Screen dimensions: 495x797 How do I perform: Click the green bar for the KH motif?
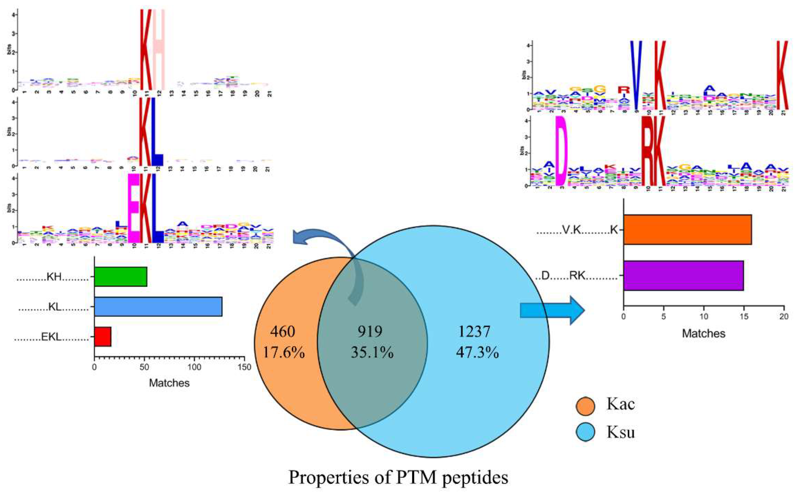click(x=121, y=277)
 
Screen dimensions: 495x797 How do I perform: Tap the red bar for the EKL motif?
click(x=102, y=336)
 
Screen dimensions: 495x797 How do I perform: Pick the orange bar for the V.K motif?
click(x=687, y=230)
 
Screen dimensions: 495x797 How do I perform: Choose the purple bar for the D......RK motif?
click(x=683, y=275)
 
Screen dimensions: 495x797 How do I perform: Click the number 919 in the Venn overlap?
click(x=370, y=331)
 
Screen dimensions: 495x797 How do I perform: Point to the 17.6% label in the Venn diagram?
click(x=284, y=353)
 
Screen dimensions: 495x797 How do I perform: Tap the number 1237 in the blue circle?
click(x=474, y=331)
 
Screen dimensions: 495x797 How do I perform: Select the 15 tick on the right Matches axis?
click(x=744, y=317)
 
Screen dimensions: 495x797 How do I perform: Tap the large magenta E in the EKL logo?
click(x=134, y=208)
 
